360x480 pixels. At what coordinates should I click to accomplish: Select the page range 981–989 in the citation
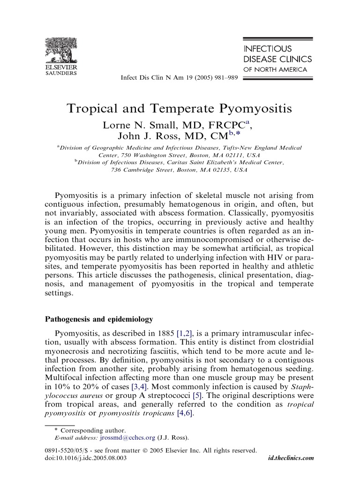point(227,77)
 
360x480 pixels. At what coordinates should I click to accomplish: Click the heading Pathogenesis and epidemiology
point(98,320)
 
